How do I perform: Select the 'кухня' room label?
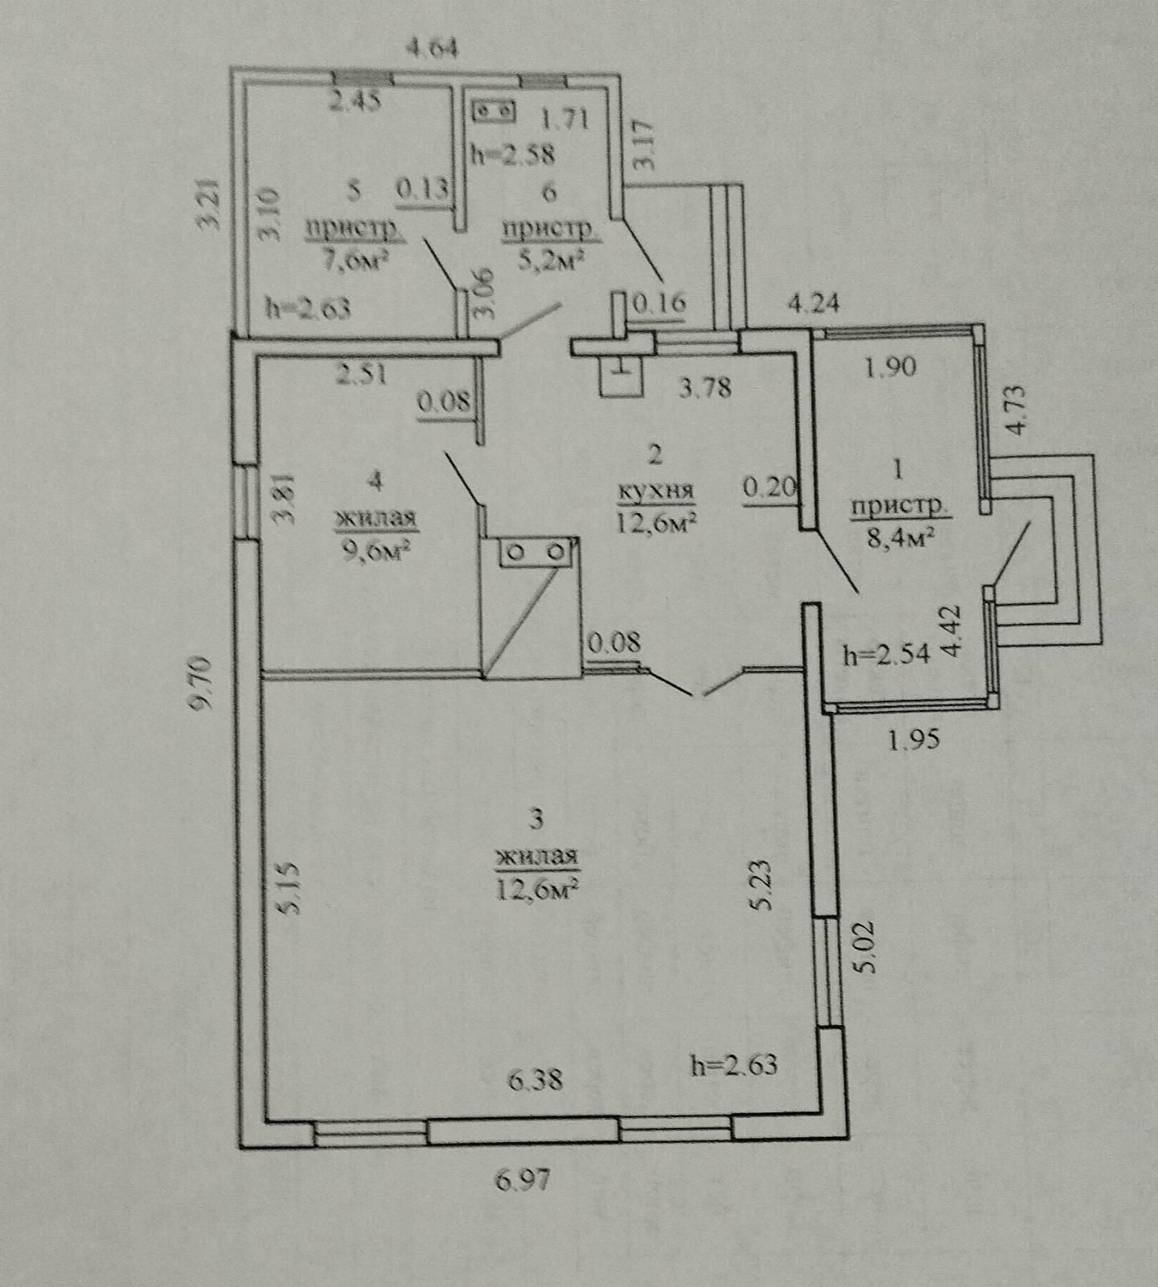[655, 490]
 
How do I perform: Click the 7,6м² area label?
[353, 260]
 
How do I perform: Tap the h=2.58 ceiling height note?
[512, 153]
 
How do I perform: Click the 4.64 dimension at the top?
[432, 49]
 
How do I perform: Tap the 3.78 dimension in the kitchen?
[705, 388]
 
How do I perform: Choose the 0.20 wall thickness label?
[770, 487]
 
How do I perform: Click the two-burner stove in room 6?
[495, 110]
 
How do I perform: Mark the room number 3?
[536, 820]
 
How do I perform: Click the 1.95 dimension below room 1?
[914, 738]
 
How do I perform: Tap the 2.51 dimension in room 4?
[362, 374]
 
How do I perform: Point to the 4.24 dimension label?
[814, 303]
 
